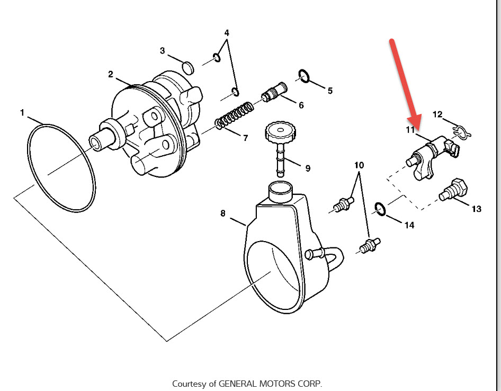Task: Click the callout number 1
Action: (22, 112)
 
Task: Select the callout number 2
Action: (111, 74)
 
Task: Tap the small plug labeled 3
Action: (186, 67)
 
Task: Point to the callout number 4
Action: (227, 33)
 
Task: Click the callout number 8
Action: (223, 214)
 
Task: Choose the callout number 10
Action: (359, 165)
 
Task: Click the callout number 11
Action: (411, 130)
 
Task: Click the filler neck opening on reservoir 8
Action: (280, 186)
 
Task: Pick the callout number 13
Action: (476, 209)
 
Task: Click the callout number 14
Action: (409, 225)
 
